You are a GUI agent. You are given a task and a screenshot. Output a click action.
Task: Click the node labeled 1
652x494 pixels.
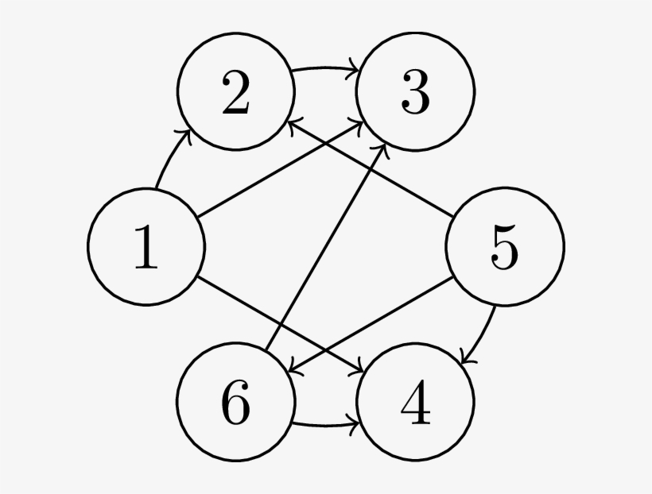(146, 247)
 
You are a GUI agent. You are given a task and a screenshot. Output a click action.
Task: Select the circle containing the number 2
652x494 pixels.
(236, 91)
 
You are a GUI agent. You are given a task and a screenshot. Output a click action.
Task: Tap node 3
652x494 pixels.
(415, 91)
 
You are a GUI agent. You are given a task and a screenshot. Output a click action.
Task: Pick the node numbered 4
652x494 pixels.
(415, 402)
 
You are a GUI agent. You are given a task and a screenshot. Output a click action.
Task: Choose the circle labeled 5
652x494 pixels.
(505, 247)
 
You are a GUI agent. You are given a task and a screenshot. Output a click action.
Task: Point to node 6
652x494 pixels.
(236, 402)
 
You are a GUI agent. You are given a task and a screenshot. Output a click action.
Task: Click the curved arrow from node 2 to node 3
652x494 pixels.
(325, 68)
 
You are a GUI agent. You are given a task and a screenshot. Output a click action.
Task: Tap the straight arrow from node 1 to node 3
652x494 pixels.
(281, 169)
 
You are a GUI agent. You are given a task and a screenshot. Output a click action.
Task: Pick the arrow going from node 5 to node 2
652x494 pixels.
(371, 169)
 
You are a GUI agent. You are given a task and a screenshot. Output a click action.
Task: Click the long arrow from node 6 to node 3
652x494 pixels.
(325, 247)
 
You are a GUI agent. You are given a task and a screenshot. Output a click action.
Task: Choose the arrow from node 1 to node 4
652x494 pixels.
(281, 324)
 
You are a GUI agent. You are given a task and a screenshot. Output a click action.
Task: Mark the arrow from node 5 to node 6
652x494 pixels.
(371, 324)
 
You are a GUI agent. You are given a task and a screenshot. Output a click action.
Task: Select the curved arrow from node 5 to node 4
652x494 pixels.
(483, 336)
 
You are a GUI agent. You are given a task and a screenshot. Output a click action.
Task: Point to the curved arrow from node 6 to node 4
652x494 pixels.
(325, 426)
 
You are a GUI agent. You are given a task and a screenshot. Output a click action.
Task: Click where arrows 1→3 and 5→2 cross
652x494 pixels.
(325, 143)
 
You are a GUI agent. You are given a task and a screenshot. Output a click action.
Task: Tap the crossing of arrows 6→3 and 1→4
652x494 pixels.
(281, 324)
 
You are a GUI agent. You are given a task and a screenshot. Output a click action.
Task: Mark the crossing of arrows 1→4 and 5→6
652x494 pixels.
(325, 350)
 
